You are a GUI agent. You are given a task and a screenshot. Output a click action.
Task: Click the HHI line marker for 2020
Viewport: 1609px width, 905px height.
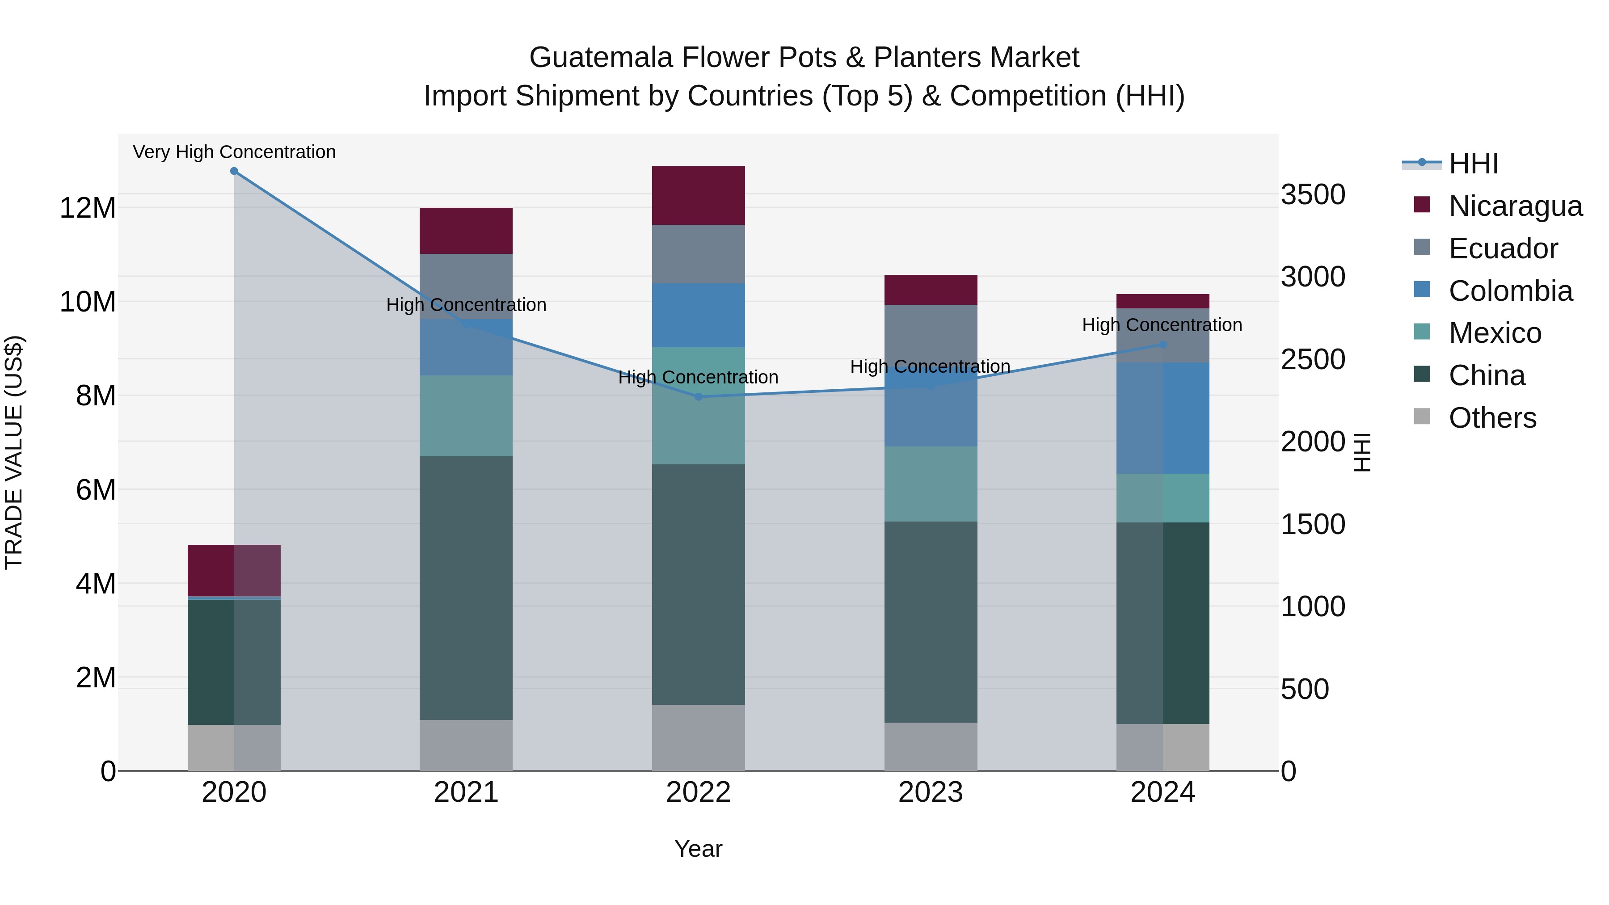(234, 171)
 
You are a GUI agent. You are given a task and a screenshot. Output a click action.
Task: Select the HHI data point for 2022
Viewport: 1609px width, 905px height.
(698, 396)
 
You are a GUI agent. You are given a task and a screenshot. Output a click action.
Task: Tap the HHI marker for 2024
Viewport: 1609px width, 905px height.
(1163, 344)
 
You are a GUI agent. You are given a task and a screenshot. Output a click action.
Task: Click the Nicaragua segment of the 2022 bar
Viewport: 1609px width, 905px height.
(698, 195)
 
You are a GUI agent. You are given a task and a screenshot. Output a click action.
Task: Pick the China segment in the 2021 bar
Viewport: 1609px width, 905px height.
(466, 588)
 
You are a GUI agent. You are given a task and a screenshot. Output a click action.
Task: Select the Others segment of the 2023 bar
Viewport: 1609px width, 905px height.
(931, 746)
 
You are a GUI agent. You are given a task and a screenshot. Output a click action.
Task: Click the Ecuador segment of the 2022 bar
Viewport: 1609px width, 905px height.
(698, 254)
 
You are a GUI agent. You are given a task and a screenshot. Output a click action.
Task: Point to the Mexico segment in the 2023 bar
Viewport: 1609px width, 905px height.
(931, 484)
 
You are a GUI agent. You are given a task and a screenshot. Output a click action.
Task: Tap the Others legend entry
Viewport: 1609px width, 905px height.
(1492, 418)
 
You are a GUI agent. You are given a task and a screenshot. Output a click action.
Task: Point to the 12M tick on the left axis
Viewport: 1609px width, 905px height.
(88, 208)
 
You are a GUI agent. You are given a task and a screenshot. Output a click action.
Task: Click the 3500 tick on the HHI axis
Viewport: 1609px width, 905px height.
(1313, 194)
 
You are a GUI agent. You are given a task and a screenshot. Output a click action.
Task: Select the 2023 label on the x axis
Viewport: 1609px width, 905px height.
(931, 792)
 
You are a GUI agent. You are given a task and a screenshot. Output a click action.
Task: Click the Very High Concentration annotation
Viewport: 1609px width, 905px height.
(234, 152)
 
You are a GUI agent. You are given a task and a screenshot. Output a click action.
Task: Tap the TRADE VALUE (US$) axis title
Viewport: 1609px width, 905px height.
(14, 452)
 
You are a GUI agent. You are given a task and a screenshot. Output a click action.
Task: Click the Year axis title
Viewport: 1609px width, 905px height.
(698, 849)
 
